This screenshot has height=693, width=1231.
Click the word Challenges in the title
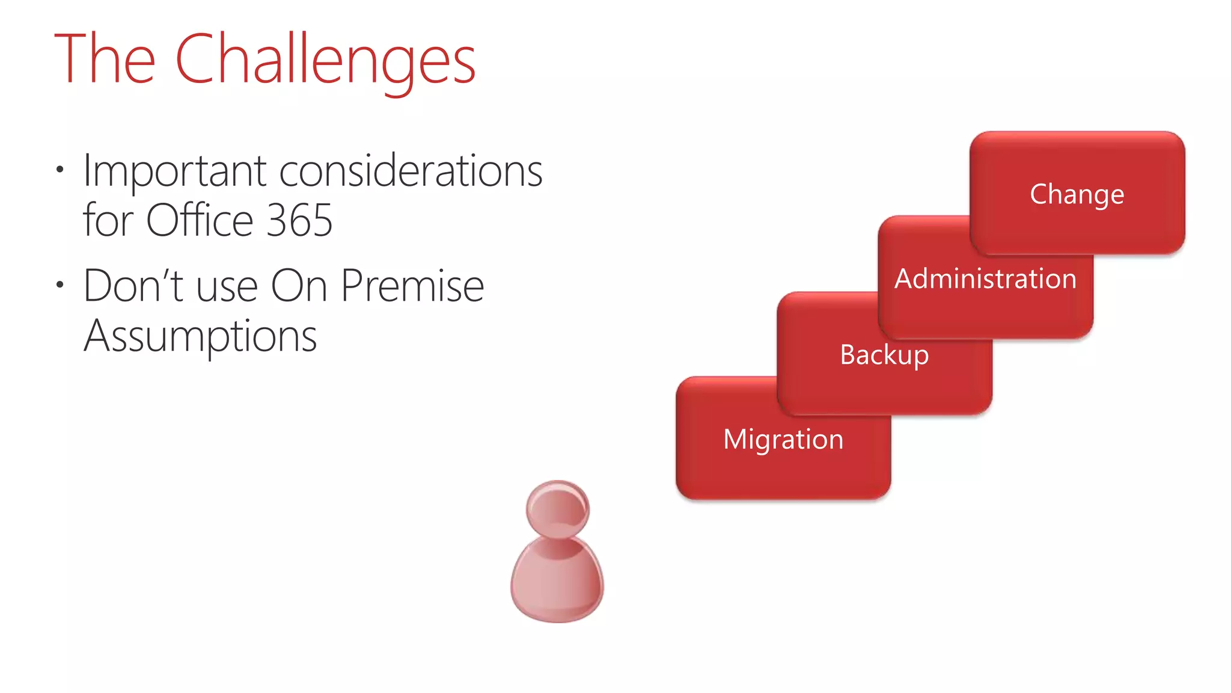325,60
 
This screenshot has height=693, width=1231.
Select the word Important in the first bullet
174,171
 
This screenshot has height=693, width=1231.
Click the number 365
299,220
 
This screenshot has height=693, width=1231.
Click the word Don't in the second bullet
133,286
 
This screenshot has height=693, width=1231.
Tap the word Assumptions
200,336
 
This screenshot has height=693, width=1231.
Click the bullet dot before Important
59,169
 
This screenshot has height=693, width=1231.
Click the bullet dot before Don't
59,284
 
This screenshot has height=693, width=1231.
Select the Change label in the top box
1077,194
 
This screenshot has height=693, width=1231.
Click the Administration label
985,279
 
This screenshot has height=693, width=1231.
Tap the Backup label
884,355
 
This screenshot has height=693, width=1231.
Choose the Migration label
783,439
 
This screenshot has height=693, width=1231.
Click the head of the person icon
557,509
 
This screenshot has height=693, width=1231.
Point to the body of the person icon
557,584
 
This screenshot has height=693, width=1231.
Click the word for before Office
108,220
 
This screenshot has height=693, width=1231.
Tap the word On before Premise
299,286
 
